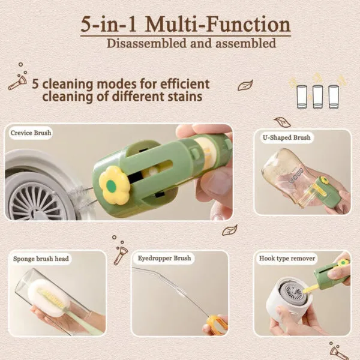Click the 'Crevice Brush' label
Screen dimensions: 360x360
(31, 133)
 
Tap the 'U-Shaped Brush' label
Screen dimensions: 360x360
(286, 137)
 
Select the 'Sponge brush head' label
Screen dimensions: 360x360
(41, 259)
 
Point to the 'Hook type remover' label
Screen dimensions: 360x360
(286, 259)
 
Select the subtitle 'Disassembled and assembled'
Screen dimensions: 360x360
(191, 43)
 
